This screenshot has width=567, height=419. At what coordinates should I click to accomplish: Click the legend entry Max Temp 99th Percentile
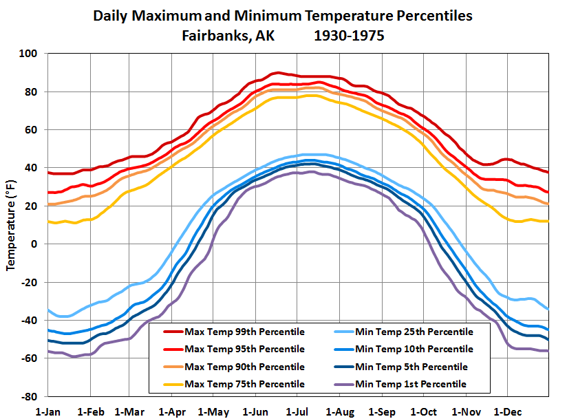click(x=244, y=332)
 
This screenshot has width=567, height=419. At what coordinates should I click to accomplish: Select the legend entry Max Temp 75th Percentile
click(x=244, y=384)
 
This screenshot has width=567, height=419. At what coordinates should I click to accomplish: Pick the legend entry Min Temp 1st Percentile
click(x=412, y=384)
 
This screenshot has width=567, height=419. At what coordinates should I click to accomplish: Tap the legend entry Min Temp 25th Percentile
click(x=415, y=332)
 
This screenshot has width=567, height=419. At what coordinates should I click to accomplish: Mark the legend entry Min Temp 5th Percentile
click(x=412, y=367)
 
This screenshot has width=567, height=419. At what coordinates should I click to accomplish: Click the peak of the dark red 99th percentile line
click(x=276, y=72)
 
